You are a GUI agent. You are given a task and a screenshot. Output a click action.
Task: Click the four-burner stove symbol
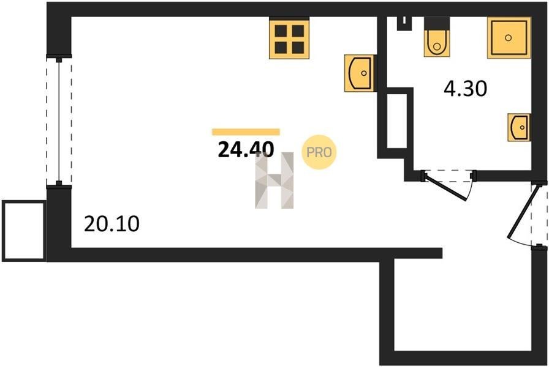point(289,38)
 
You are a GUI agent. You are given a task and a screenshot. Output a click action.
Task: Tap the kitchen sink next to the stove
point(360,73)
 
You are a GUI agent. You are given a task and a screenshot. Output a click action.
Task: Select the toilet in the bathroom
point(437,37)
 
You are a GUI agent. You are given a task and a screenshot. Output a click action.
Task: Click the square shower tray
point(509,38)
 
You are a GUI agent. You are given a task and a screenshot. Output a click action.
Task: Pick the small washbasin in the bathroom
point(518,127)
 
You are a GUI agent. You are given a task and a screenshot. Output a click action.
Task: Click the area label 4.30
point(465,89)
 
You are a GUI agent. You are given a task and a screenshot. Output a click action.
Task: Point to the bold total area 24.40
point(246,150)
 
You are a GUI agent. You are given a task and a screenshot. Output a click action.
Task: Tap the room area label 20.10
point(112,224)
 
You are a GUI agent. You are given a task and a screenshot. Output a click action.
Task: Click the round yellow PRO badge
point(319,152)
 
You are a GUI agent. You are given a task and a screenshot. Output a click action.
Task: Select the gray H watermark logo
point(274,180)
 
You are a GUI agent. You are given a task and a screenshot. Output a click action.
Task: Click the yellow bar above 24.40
point(246,132)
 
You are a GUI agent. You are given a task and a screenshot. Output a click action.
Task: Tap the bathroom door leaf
point(445,187)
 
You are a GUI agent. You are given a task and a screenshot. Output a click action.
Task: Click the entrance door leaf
point(521,212)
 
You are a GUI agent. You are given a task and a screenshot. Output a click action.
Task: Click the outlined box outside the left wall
point(24,231)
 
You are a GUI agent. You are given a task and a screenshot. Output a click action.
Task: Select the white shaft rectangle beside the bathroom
point(396,121)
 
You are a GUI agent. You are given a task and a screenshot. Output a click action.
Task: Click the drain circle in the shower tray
point(509,37)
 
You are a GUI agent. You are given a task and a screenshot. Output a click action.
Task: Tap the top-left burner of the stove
point(281,31)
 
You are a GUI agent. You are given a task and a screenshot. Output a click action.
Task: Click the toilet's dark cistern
point(437,24)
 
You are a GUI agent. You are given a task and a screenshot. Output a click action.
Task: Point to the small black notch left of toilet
point(404,24)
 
